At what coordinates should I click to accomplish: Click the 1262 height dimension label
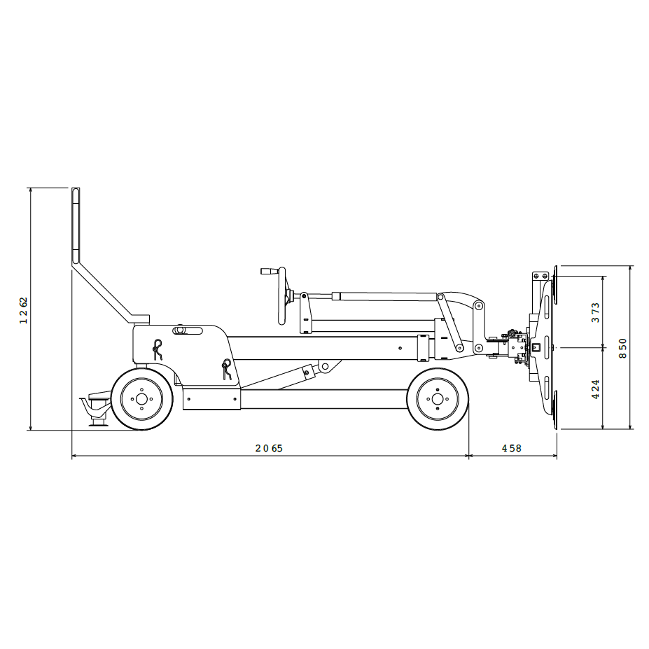[x=24, y=310]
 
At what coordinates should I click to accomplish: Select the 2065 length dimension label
[x=269, y=448]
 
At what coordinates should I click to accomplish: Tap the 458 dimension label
[x=512, y=448]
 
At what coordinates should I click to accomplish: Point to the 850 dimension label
[x=623, y=349]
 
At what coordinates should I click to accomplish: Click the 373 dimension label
[x=595, y=312]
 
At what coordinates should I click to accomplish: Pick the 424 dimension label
[x=595, y=389]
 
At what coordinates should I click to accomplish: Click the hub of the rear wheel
[x=141, y=399]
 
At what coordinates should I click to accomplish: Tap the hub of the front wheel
[x=438, y=399]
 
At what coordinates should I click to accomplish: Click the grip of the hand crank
[x=270, y=271]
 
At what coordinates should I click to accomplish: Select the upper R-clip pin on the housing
[x=158, y=349]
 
